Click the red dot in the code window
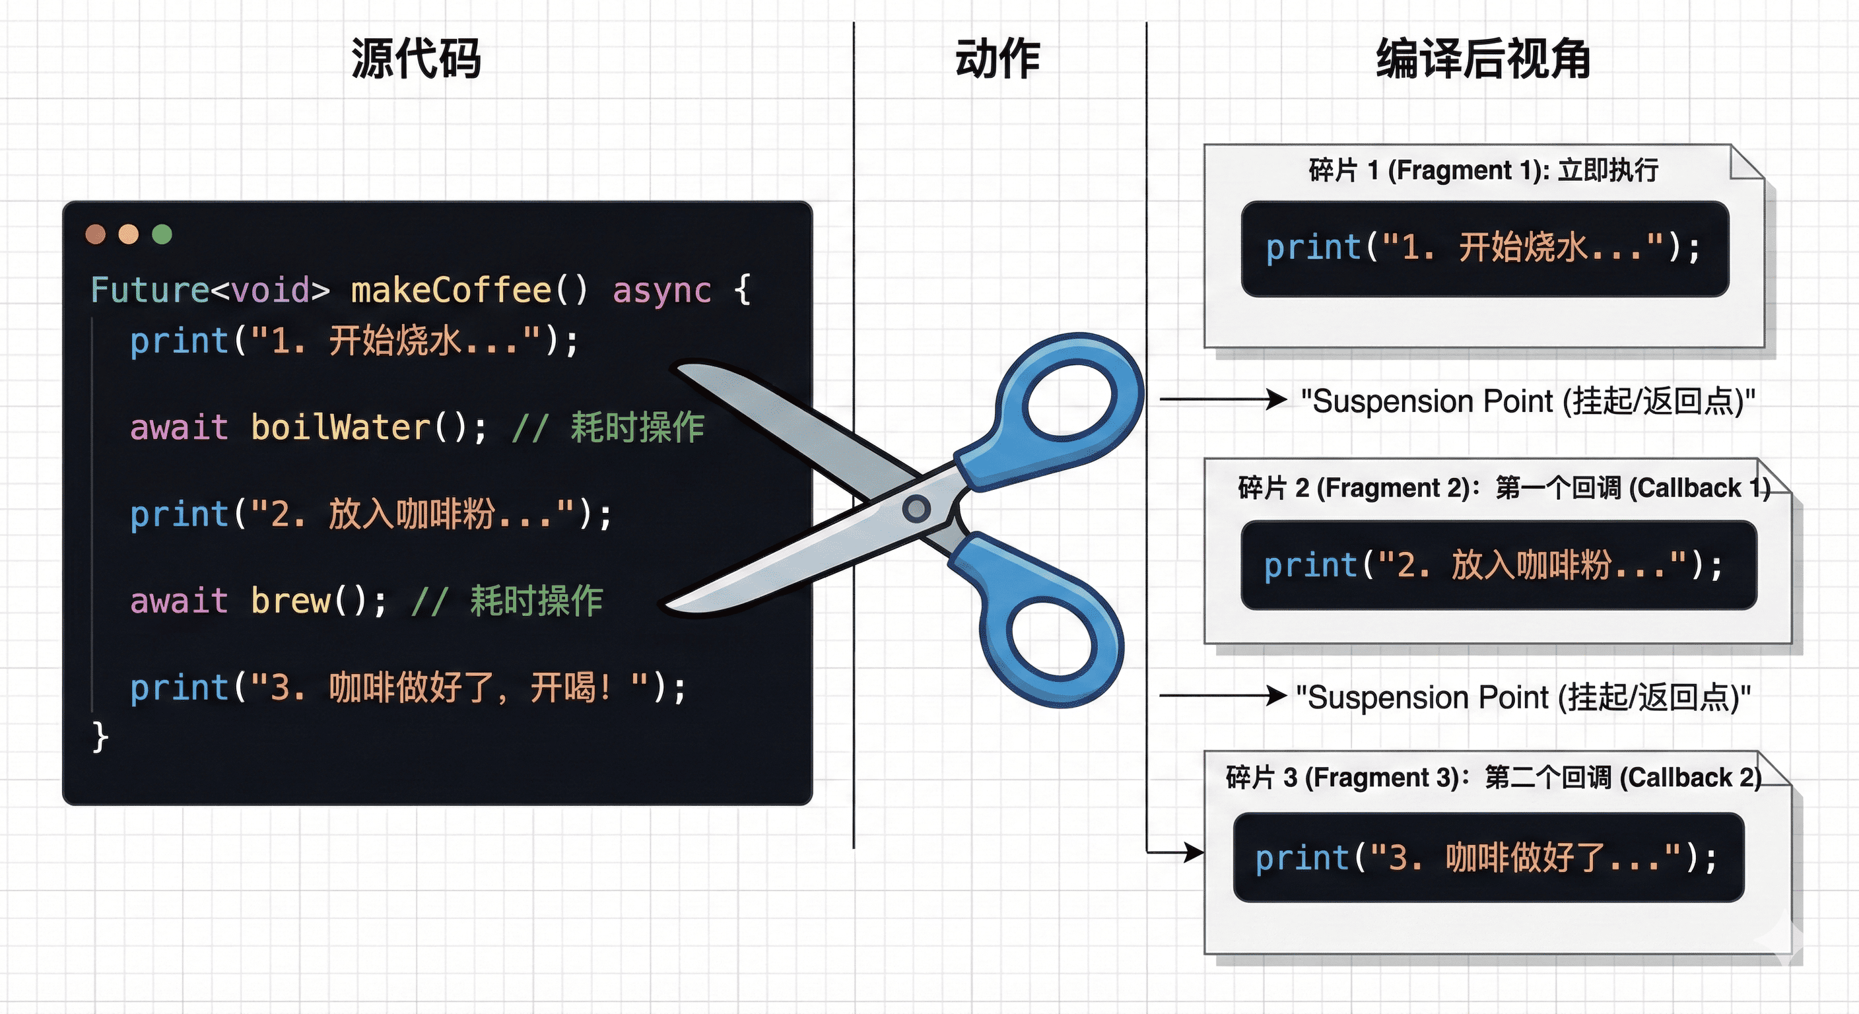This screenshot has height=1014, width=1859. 95,234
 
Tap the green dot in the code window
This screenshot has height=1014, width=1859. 162,234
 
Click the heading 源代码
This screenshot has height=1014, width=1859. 416,59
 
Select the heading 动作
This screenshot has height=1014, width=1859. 997,59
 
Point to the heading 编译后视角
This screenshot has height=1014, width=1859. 1483,59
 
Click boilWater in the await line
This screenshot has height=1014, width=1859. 341,427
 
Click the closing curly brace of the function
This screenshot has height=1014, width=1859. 100,737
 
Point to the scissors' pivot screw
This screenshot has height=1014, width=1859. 916,508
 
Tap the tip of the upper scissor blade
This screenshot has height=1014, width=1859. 682,369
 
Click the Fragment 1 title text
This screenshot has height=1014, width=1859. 1483,170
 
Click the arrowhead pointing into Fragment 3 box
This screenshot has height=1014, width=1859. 1195,852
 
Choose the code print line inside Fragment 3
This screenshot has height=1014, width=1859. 1487,858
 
